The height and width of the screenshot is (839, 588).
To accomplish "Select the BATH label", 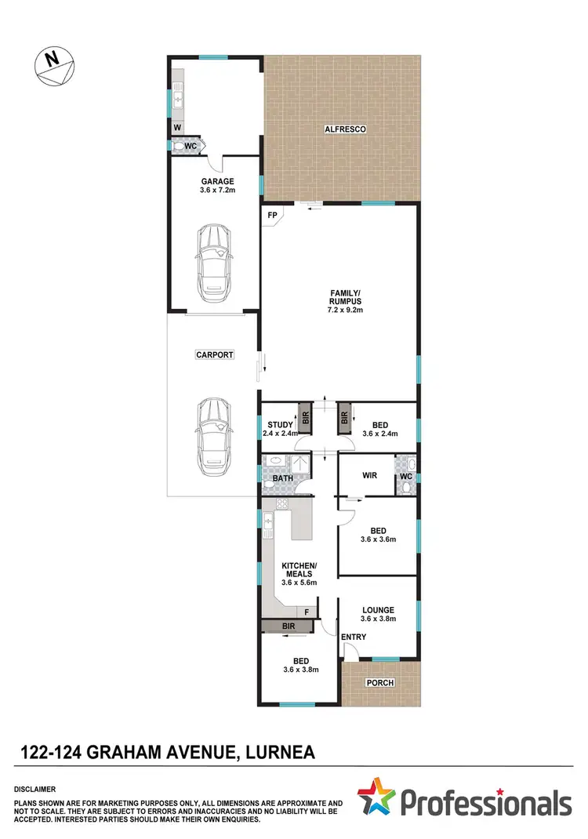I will coord(283,478).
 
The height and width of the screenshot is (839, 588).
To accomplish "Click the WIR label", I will coord(371,475).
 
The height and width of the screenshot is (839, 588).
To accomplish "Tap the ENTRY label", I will coord(354,637).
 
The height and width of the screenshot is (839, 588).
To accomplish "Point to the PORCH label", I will coord(380,682).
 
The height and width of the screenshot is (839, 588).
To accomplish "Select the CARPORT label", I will coord(214,355).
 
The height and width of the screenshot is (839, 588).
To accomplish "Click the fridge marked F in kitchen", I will coord(307,612).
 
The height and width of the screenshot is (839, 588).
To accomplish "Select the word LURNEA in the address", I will coord(280,754).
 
